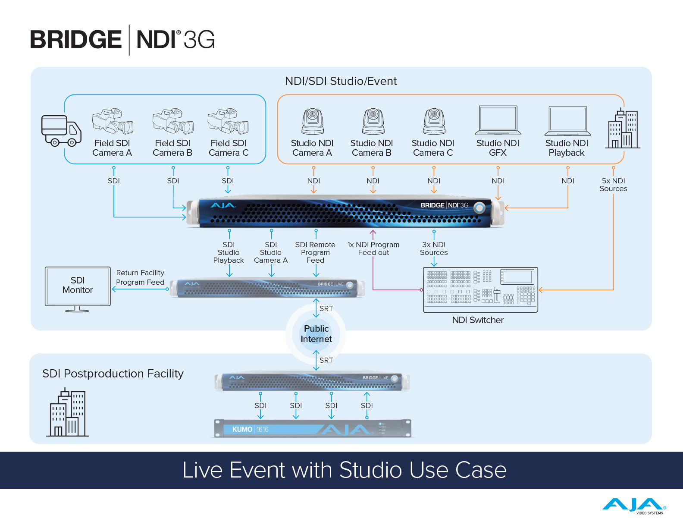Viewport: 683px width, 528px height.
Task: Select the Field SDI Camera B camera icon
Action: click(x=173, y=121)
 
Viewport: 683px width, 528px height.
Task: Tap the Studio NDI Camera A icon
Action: click(x=312, y=121)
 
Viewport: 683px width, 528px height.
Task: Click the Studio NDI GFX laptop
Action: click(x=498, y=120)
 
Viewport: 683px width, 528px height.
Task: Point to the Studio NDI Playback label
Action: click(x=567, y=148)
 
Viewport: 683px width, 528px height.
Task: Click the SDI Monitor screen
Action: click(x=78, y=286)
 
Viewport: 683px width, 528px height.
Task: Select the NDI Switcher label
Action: click(x=478, y=320)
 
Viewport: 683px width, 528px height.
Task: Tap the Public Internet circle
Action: click(x=316, y=334)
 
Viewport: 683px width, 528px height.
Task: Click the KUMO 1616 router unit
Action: click(x=312, y=429)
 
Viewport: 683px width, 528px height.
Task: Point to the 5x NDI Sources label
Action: click(x=613, y=185)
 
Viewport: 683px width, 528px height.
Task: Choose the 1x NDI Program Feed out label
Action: click(x=373, y=248)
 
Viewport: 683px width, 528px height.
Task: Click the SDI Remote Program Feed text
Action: click(x=315, y=252)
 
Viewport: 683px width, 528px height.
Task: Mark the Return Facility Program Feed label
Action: click(x=140, y=277)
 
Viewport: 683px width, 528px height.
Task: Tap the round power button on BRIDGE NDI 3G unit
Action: click(x=479, y=208)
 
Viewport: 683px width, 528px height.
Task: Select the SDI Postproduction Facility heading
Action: click(x=113, y=374)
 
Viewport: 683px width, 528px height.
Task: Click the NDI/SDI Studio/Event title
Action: click(x=341, y=81)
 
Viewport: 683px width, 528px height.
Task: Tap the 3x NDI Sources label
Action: click(x=434, y=248)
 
